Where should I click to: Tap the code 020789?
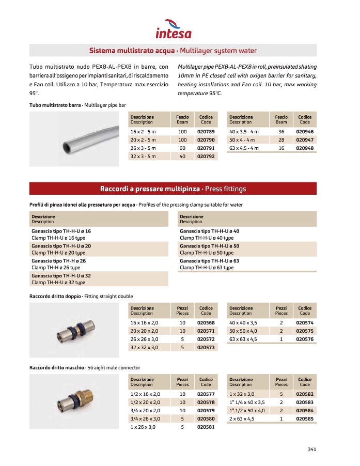tap(206, 132)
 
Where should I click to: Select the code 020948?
tap(304, 148)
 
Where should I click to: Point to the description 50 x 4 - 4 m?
tap(243, 140)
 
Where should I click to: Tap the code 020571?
tap(206, 331)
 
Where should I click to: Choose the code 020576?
tap(304, 339)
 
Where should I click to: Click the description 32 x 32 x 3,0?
tap(144, 348)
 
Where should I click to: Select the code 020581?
tap(206, 427)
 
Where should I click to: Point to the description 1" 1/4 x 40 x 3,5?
tap(247, 402)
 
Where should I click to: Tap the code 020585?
tap(304, 418)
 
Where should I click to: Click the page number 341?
tap(311, 449)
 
